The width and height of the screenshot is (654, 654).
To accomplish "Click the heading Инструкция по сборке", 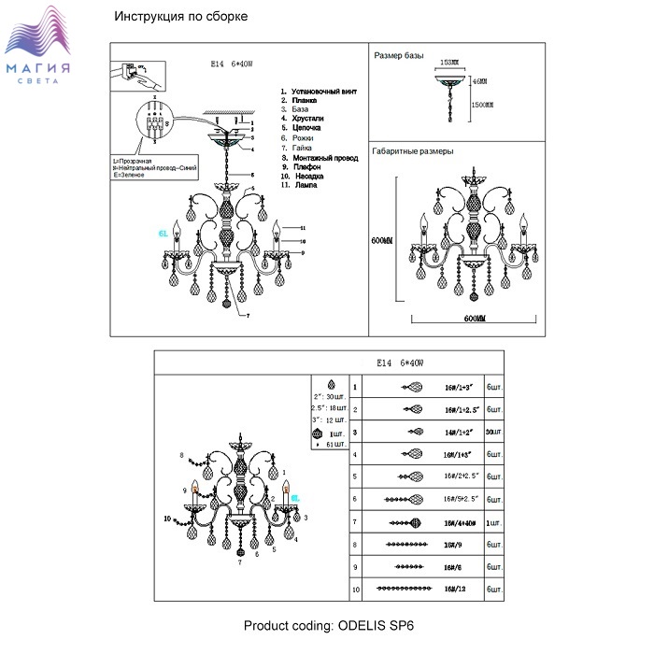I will point(180,18).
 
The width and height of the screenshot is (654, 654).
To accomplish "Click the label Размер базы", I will point(399,56).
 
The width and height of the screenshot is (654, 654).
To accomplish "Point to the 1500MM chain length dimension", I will point(481,106).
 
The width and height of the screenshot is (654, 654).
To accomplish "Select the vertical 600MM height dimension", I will point(381,241).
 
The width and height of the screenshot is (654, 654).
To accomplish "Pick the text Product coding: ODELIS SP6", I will point(327,626).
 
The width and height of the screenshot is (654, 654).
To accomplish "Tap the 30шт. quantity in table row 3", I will point(494,432).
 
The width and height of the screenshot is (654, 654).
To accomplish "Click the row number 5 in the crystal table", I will point(355,476).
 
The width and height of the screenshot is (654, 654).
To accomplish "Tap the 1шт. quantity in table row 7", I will point(494,522).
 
